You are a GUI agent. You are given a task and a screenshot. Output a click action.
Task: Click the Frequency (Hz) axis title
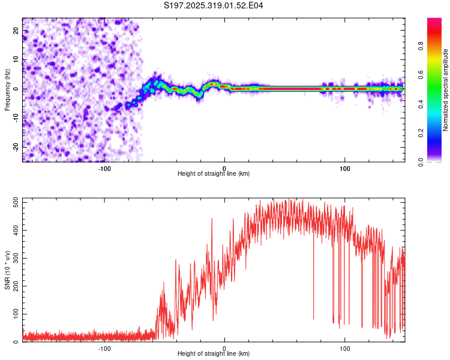7,89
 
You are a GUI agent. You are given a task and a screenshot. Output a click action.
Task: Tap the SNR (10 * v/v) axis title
7,271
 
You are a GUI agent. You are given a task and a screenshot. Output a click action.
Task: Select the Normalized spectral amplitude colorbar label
446,90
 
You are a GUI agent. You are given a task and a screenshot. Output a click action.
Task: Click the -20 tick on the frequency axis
16,147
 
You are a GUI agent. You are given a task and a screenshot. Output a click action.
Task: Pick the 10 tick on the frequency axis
17,59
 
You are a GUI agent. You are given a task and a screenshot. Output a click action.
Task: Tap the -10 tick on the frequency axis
16,118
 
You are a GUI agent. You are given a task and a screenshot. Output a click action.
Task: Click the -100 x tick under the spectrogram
104,168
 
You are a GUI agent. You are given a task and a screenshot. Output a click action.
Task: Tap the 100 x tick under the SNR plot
345,348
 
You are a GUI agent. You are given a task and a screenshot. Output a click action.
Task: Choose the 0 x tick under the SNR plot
224,348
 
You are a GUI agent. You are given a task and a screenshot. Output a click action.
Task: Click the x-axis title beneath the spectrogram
214,174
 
